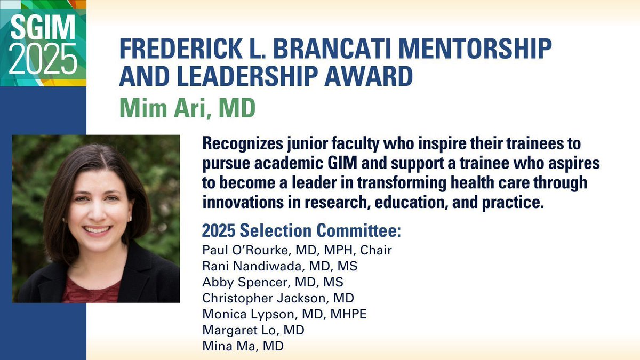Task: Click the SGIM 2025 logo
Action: (43, 43)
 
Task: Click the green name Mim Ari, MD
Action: (187, 108)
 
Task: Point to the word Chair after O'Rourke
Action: (375, 250)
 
